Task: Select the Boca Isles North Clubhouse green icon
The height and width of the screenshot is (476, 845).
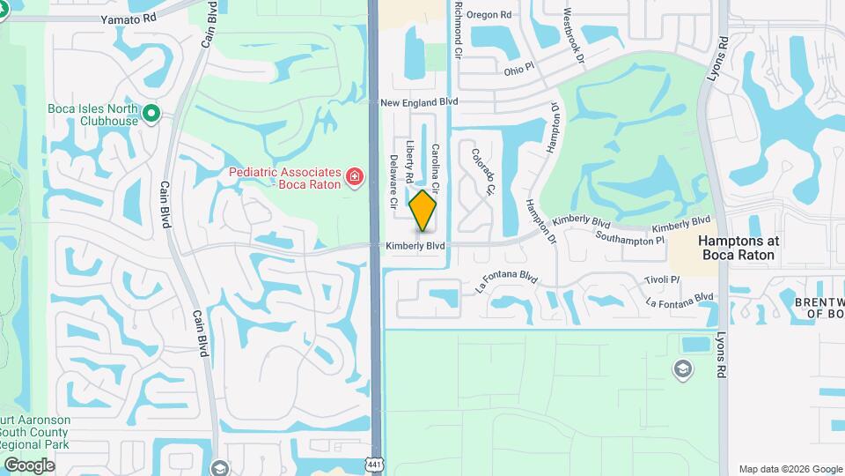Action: pyautogui.click(x=151, y=112)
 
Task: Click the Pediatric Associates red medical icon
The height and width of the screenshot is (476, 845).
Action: pyautogui.click(x=355, y=177)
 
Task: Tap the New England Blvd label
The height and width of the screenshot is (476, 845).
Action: pyautogui.click(x=419, y=102)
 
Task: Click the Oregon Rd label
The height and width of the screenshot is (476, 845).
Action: pyautogui.click(x=489, y=15)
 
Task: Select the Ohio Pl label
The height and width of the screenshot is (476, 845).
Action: pyautogui.click(x=518, y=69)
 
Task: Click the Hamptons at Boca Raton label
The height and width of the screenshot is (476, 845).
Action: pyautogui.click(x=737, y=247)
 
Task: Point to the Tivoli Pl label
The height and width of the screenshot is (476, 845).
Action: pyautogui.click(x=662, y=279)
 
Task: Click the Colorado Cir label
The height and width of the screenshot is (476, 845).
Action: pyautogui.click(x=483, y=171)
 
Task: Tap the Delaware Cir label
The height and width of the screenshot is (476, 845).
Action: pyautogui.click(x=393, y=182)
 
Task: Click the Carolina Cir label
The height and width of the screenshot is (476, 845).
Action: pyautogui.click(x=434, y=169)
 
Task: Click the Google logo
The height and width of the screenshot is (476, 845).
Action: pyautogui.click(x=29, y=465)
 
